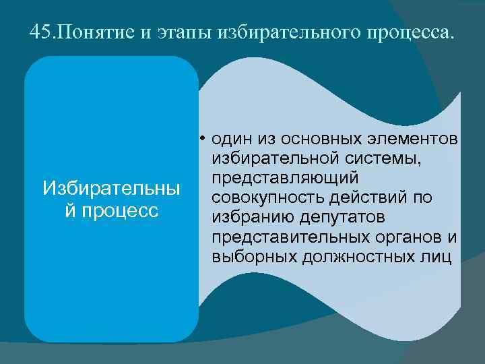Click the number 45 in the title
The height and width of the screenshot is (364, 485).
point(40,32)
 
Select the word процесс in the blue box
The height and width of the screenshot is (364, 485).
point(117,210)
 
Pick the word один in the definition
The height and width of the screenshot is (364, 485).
point(230,139)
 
